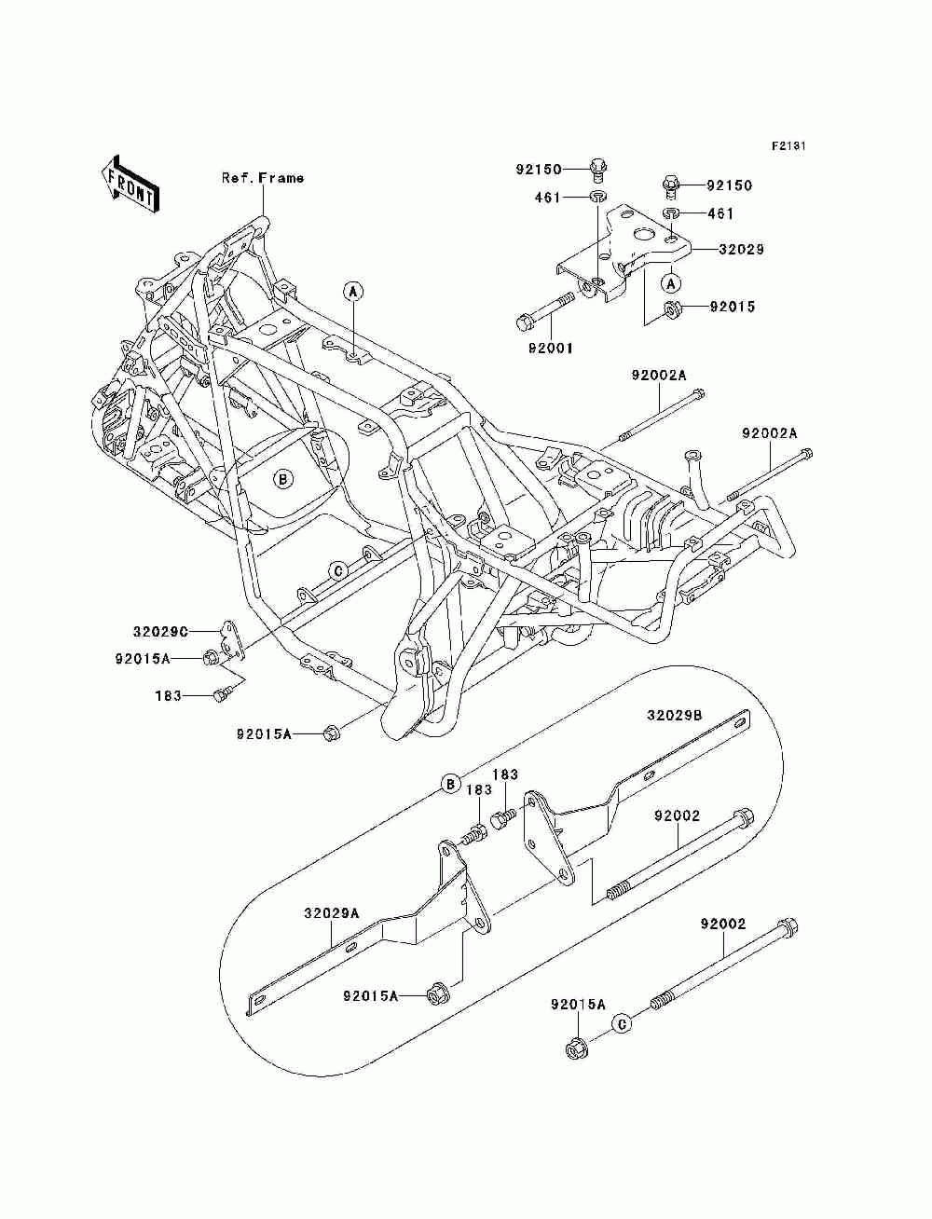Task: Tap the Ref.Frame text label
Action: [x=262, y=178]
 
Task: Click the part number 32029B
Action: [x=675, y=716]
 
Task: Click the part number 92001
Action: [x=550, y=349]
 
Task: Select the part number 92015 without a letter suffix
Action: [x=733, y=307]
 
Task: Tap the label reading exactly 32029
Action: [x=741, y=250]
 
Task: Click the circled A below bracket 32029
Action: [x=668, y=281]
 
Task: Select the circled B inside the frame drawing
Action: [x=283, y=480]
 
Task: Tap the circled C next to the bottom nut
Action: [x=622, y=1023]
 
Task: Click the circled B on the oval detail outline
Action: [x=450, y=783]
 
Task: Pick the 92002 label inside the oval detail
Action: [x=677, y=815]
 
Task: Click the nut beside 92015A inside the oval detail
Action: [x=435, y=994]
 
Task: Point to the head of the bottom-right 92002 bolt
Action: [x=788, y=928]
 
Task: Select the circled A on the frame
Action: [x=353, y=292]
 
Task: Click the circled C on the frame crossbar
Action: [x=339, y=569]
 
